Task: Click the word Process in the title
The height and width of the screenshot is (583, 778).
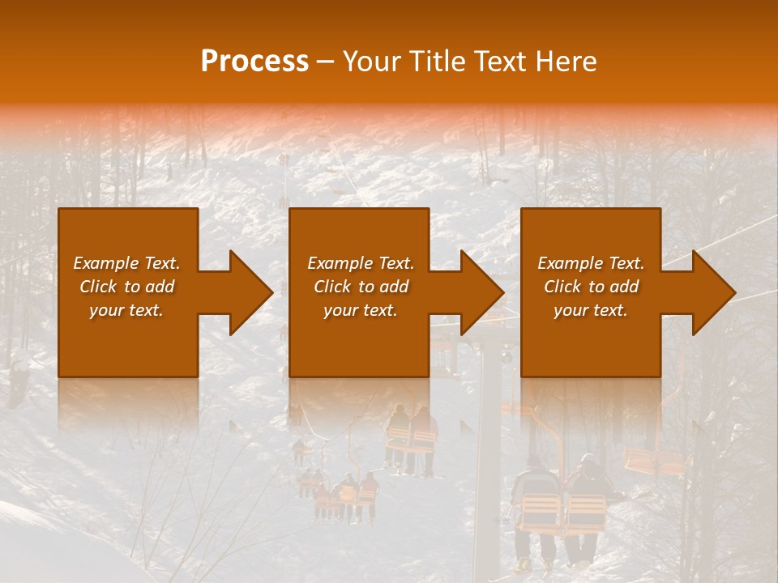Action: pos(254,62)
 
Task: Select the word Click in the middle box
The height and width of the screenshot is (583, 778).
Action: pos(332,287)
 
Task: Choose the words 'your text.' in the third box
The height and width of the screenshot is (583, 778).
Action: pos(590,310)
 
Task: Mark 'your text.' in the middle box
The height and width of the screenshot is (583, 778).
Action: pos(360,310)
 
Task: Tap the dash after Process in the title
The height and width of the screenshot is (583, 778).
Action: pos(326,62)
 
